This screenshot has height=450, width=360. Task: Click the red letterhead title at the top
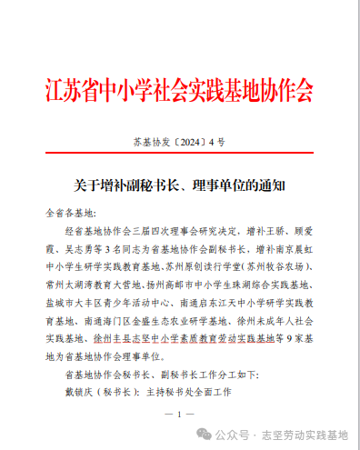(x=179, y=90)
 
